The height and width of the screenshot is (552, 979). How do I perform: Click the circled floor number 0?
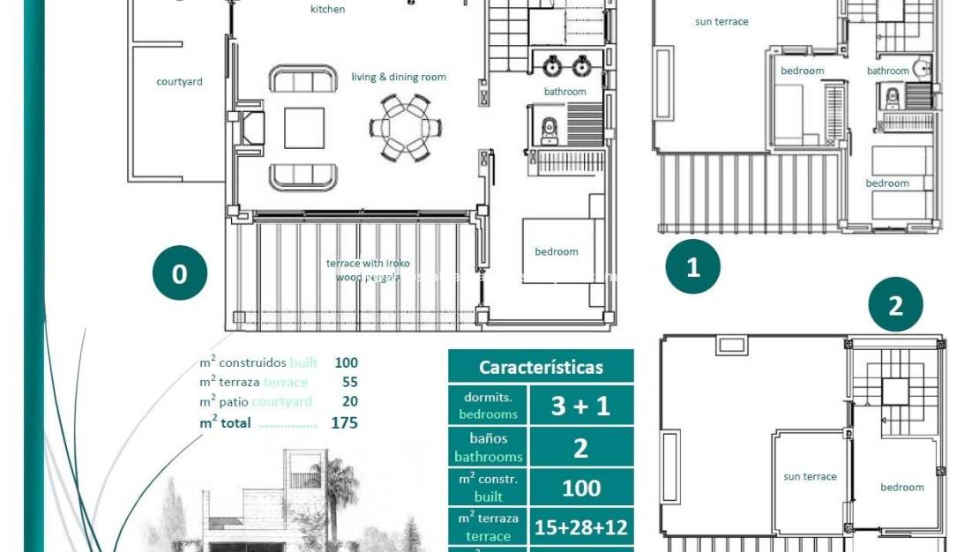pyautogui.click(x=179, y=273)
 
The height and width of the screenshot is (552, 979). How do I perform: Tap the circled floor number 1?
pyautogui.click(x=692, y=266)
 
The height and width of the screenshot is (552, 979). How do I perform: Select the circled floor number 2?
pyautogui.click(x=895, y=305)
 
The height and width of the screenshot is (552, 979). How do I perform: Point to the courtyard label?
pyautogui.click(x=179, y=82)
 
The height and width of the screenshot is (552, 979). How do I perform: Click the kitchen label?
pyautogui.click(x=328, y=10)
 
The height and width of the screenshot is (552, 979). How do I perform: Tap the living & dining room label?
pyautogui.click(x=399, y=78)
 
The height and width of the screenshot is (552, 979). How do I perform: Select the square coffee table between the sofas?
pyautogui.click(x=303, y=128)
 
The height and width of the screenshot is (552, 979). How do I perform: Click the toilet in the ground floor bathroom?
pyautogui.click(x=550, y=130)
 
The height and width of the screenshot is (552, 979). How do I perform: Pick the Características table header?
pyautogui.click(x=541, y=367)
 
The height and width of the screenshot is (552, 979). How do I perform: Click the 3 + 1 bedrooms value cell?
pyautogui.click(x=580, y=406)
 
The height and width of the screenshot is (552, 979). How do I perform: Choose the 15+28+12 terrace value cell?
pyautogui.click(x=580, y=527)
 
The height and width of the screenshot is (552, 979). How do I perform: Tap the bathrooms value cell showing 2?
pyautogui.click(x=580, y=448)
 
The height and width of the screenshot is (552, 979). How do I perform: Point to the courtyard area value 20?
pyautogui.click(x=349, y=402)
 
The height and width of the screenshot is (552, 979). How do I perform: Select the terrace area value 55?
pyautogui.click(x=349, y=382)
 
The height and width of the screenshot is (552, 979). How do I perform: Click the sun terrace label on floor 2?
pyautogui.click(x=810, y=477)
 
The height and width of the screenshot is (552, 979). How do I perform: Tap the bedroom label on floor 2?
pyautogui.click(x=901, y=488)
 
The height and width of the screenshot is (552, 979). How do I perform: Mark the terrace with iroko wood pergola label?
pyautogui.click(x=368, y=270)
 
